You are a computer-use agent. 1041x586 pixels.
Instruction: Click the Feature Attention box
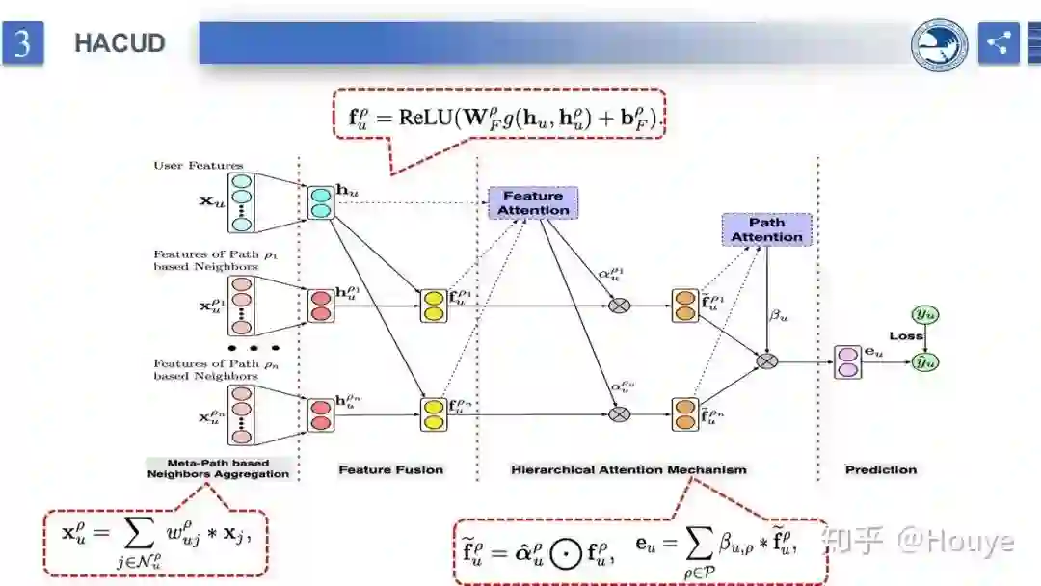tap(533, 202)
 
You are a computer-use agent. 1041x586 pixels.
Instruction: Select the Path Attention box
tap(766, 229)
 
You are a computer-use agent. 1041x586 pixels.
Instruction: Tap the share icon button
tap(999, 43)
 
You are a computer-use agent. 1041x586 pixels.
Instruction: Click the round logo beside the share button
tap(940, 44)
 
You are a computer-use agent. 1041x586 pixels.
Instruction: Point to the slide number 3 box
tap(22, 43)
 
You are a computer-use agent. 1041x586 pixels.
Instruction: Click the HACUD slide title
tap(120, 43)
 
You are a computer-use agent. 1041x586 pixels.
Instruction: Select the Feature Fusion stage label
tap(390, 469)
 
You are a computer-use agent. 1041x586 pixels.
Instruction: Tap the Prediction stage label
tap(880, 469)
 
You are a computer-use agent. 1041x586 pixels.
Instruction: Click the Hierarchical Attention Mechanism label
tap(628, 469)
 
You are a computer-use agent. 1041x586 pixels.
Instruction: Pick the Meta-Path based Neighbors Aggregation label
tap(218, 468)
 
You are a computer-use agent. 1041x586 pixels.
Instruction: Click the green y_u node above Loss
tap(925, 315)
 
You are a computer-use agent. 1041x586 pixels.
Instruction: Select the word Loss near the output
tap(905, 337)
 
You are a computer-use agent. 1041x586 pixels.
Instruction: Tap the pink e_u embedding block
tap(847, 361)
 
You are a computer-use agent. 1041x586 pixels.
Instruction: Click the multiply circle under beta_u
tap(766, 360)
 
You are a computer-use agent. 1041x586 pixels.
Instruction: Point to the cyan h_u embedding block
tap(320, 202)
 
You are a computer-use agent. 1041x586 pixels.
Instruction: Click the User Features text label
tap(199, 166)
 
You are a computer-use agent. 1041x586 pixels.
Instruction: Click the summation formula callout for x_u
tap(155, 534)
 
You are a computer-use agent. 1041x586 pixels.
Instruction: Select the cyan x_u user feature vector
tap(241, 202)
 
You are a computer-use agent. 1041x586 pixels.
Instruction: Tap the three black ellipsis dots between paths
tap(254, 348)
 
